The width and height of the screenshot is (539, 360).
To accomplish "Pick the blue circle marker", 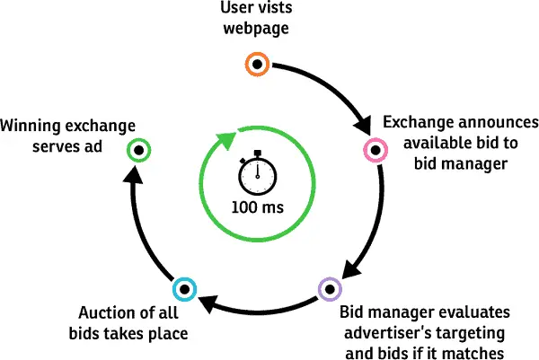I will point(182,288).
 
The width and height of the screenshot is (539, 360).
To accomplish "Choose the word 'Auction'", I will point(106,314).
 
